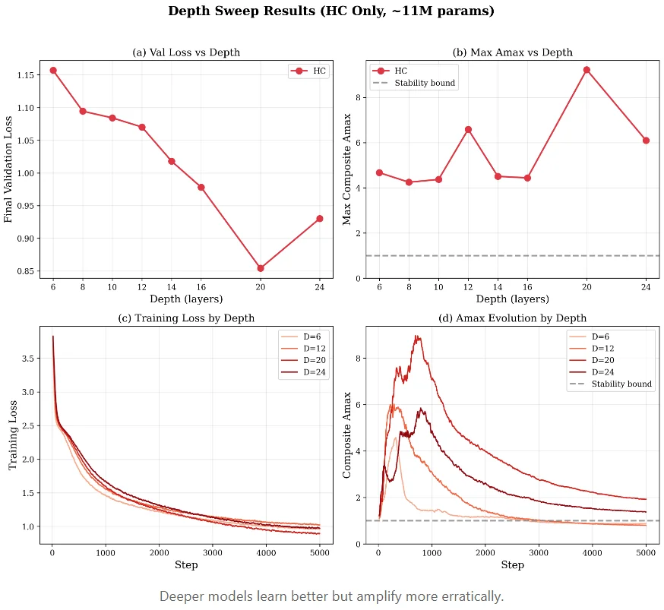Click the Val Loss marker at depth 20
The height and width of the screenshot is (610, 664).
[x=261, y=268]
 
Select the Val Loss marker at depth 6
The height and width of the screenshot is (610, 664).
[x=52, y=70]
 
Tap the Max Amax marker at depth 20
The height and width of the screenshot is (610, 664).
[x=587, y=70]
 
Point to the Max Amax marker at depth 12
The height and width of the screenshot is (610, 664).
[x=468, y=129]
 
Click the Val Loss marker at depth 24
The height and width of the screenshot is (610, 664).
[x=319, y=218]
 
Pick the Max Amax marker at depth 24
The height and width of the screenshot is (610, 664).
[x=646, y=141]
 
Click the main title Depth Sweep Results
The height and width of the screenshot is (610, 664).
[x=331, y=11]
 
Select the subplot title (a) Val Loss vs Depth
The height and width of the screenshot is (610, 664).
[x=186, y=52]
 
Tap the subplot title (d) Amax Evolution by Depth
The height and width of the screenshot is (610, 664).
[x=512, y=318]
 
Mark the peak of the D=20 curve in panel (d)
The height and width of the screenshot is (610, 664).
[x=416, y=336]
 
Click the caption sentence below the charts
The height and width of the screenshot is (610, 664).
[x=331, y=596]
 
